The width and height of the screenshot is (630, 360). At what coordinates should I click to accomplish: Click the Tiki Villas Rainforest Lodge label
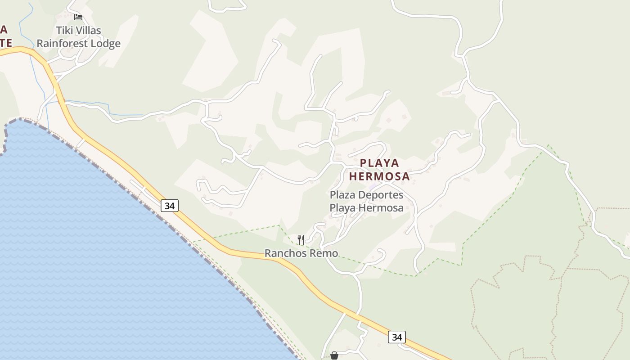79,37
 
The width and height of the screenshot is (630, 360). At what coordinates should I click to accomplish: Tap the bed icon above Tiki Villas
78,17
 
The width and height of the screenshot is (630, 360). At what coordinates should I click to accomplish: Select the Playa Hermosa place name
379,169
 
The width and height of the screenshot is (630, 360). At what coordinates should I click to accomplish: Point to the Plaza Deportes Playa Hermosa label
366,201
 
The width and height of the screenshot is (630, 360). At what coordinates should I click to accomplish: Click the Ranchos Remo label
301,253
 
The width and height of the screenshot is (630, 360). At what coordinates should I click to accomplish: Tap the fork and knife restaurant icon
301,239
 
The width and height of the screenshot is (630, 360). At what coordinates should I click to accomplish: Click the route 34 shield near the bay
170,206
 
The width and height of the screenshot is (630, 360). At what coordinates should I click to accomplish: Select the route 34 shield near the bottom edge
396,337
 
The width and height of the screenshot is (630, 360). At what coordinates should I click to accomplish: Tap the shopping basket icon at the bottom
334,355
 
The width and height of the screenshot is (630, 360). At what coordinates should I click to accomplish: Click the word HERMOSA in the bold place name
379,176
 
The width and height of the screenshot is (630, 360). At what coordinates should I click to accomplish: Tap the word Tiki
64,31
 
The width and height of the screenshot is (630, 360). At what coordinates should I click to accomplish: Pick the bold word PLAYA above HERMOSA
379,163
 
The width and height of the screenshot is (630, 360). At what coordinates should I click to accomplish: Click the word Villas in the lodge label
88,31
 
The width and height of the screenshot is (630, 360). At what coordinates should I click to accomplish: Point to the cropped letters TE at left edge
5,43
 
